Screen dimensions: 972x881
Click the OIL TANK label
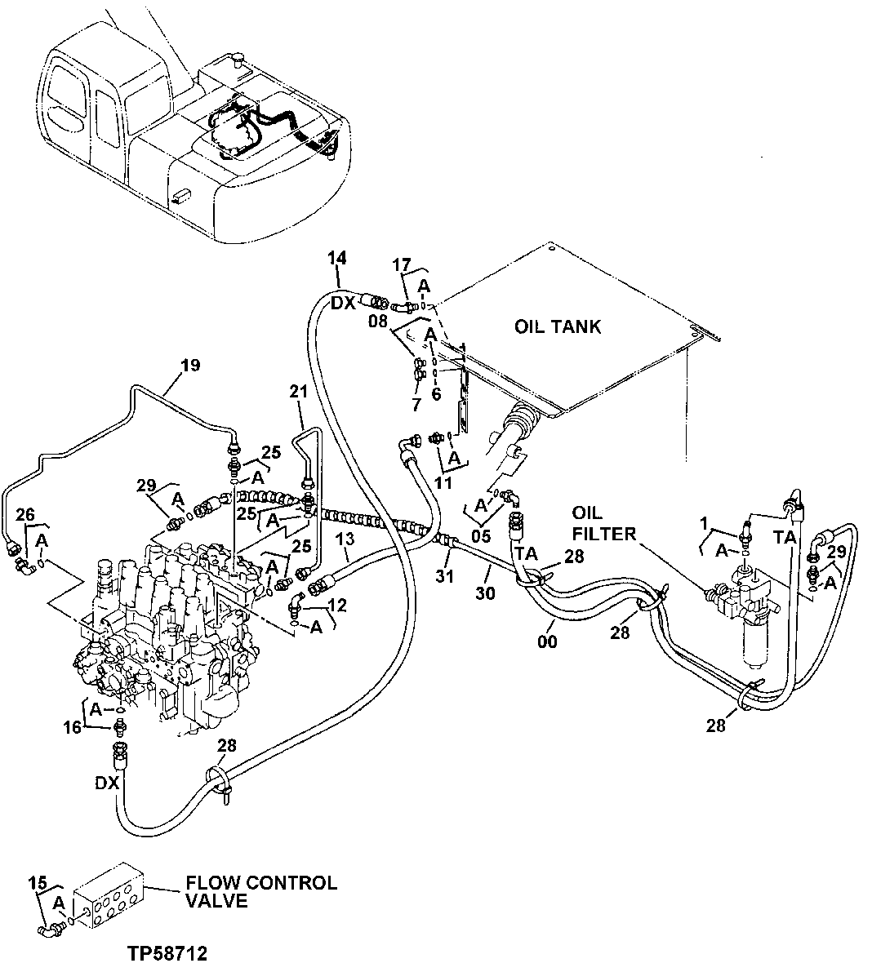coord(558,327)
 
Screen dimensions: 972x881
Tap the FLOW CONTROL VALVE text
coord(260,891)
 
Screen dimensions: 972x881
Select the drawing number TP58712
coord(167,953)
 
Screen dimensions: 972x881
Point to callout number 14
coord(337,259)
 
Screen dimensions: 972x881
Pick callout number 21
coord(298,393)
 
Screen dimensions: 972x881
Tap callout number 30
coord(485,594)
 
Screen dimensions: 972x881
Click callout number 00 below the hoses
coord(547,642)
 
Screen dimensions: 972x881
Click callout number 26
coord(25,514)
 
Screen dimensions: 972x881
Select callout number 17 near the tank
coord(400,264)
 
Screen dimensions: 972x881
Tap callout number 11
coord(443,482)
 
